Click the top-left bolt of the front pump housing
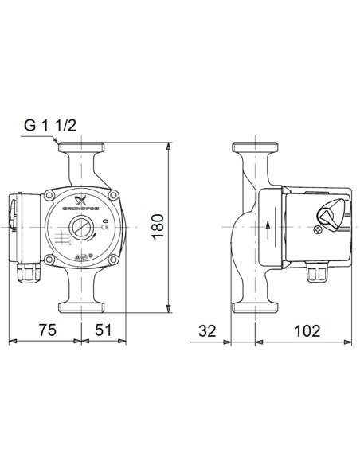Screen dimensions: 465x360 [50, 194]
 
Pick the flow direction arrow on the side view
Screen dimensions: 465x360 [268, 226]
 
